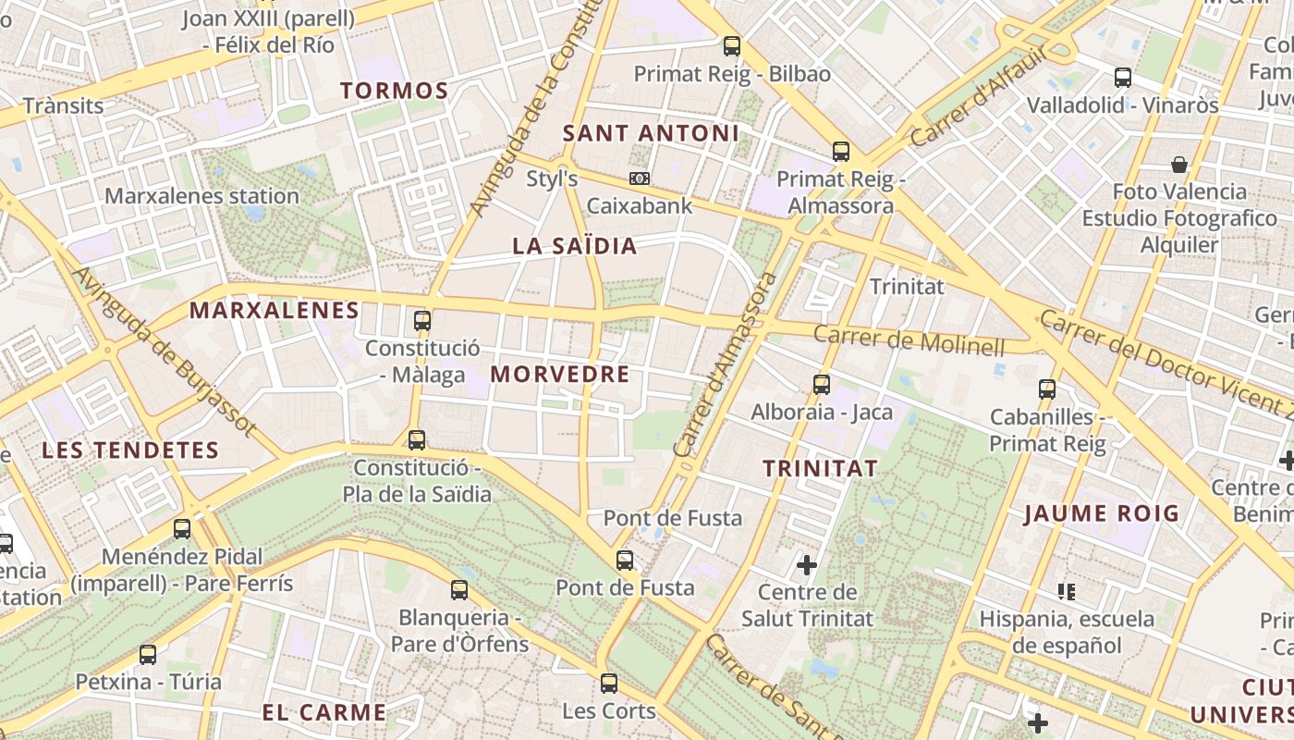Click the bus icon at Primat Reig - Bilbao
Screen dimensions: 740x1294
pyautogui.click(x=732, y=45)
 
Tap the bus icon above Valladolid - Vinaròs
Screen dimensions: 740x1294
pyautogui.click(x=1123, y=78)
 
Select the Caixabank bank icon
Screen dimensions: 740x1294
pyautogui.click(x=639, y=178)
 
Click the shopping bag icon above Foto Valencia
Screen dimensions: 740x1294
pyautogui.click(x=1178, y=165)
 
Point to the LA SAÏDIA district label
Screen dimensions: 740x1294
pyautogui.click(x=575, y=246)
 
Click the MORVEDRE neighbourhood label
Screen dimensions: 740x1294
pyautogui.click(x=559, y=375)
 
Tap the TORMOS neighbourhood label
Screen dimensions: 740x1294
pyautogui.click(x=394, y=91)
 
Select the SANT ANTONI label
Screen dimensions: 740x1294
pyautogui.click(x=651, y=133)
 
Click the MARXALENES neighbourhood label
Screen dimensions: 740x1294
pyautogui.click(x=275, y=311)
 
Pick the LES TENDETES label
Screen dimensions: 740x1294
pyautogui.click(x=130, y=450)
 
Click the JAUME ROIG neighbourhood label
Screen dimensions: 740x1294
pyautogui.click(x=1102, y=513)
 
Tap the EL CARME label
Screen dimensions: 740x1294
pyautogui.click(x=323, y=712)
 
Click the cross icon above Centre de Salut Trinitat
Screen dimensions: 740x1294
pyautogui.click(x=807, y=564)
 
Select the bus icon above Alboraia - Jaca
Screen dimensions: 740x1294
pyautogui.click(x=822, y=385)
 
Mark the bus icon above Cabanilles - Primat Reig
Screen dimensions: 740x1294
pyautogui.click(x=1047, y=389)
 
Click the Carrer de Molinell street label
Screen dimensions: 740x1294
pyautogui.click(x=909, y=340)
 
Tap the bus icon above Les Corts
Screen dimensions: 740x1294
pyautogui.click(x=608, y=684)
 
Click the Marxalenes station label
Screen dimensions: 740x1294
pyautogui.click(x=201, y=196)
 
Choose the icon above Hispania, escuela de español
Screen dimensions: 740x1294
pyautogui.click(x=1067, y=591)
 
